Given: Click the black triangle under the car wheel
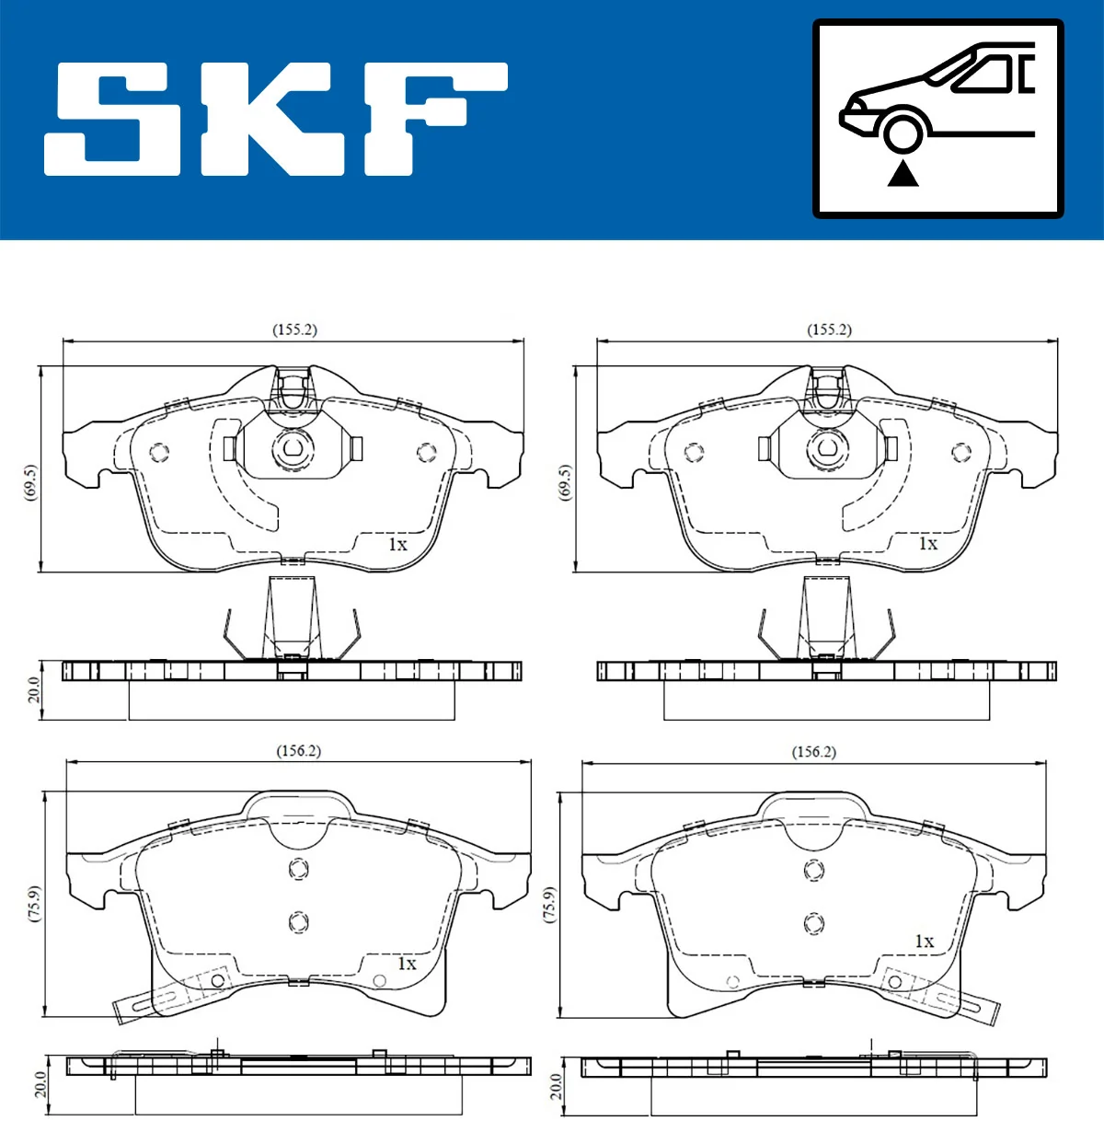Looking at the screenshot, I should point(903,173).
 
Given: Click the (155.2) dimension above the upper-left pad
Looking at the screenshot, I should point(294,329).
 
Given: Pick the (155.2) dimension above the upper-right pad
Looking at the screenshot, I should point(829,329).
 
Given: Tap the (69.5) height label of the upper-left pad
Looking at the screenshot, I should point(29,482).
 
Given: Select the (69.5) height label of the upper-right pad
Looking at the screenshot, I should point(564,482).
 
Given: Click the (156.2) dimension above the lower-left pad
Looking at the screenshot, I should point(298,751).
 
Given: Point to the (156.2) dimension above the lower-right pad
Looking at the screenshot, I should point(813,752).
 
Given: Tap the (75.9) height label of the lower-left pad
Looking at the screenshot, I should point(34,904).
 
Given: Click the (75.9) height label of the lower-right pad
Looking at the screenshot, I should point(549,905).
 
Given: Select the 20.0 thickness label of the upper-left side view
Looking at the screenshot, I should point(34,689).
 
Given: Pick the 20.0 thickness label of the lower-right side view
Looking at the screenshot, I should point(555,1086).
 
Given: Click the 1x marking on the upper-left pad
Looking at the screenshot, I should point(397,545).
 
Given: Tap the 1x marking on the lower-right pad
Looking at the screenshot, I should point(924,942).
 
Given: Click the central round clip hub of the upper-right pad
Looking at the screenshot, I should point(825,449).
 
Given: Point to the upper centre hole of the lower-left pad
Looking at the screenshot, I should point(298,869).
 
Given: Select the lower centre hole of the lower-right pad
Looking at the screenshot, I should point(813,923).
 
